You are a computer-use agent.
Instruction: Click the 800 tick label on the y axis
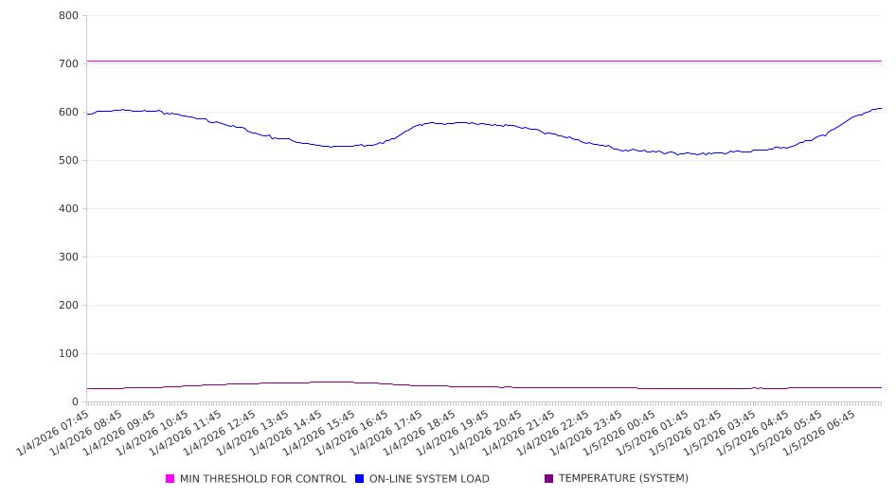click(x=68, y=16)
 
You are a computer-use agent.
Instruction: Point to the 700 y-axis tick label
click(x=68, y=64)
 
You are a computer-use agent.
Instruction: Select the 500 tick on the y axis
click(x=68, y=161)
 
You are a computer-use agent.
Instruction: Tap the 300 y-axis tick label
click(x=68, y=258)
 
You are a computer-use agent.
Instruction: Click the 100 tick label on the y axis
click(x=68, y=354)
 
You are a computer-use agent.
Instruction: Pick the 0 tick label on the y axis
click(x=75, y=402)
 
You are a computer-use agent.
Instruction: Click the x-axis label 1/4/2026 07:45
click(x=55, y=432)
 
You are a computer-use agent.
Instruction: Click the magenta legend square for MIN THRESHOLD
click(x=170, y=479)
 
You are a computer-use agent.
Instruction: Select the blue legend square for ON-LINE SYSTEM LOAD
click(x=360, y=479)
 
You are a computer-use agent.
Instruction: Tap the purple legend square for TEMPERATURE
click(x=549, y=479)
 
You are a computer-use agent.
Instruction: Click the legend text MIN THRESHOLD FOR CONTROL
click(x=262, y=479)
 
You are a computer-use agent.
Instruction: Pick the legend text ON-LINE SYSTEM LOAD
click(x=429, y=479)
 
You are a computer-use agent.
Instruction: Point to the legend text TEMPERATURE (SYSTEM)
click(x=623, y=479)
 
